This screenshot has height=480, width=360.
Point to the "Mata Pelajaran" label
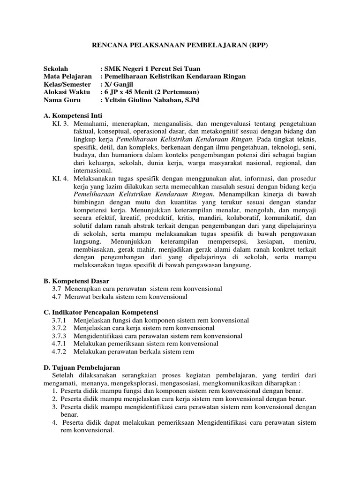pos(67,76)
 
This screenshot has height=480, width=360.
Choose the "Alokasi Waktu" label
pos(67,92)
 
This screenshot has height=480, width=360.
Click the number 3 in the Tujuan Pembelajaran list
pos(54,407)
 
